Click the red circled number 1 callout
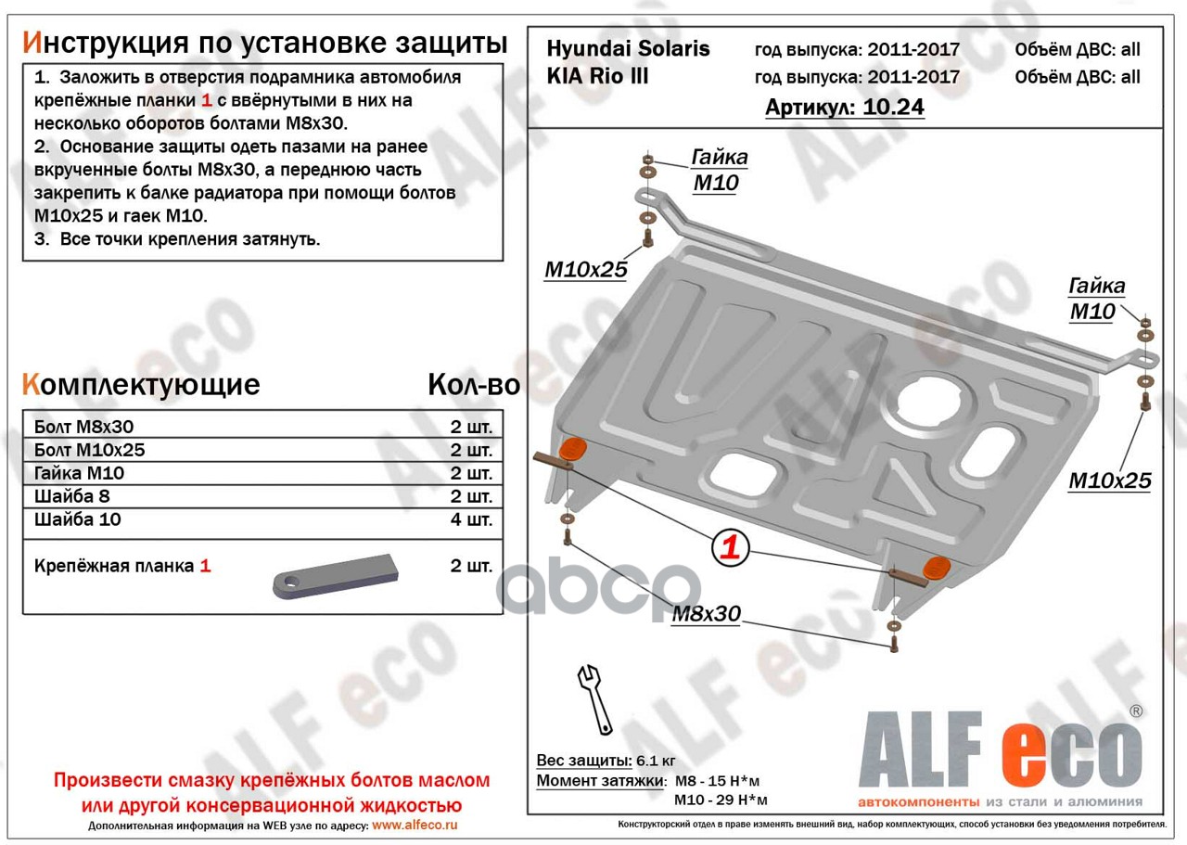(730, 546)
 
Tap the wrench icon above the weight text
(595, 699)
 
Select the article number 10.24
(893, 107)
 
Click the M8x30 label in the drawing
(706, 614)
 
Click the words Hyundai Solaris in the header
(628, 49)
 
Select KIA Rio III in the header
(597, 76)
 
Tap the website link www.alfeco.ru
(415, 826)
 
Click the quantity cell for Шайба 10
(471, 519)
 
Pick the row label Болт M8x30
(83, 427)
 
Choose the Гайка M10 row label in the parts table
(79, 473)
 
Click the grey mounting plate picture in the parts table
(336, 577)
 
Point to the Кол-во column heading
(474, 385)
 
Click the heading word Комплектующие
(141, 385)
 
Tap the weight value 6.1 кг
(656, 761)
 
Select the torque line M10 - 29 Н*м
(721, 800)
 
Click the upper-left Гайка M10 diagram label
(719, 170)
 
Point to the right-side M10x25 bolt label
(1110, 480)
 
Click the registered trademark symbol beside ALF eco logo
(1136, 711)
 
